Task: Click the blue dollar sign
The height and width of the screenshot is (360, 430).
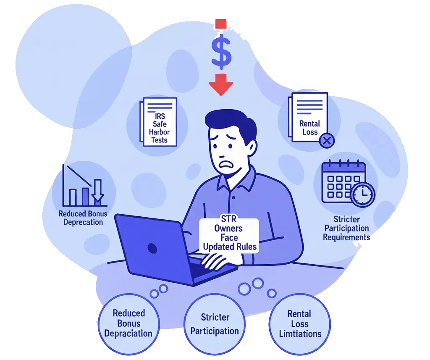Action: pyautogui.click(x=221, y=51)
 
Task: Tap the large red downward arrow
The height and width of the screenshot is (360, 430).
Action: pyautogui.click(x=220, y=84)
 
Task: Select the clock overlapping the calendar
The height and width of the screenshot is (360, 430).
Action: pyautogui.click(x=362, y=194)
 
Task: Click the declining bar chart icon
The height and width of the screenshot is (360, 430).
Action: pyautogui.click(x=83, y=186)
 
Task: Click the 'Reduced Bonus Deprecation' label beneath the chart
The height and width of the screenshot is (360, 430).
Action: pyautogui.click(x=83, y=218)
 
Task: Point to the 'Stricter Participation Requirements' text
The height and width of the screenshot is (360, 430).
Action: pyautogui.click(x=346, y=228)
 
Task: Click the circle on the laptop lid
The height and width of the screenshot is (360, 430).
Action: pyautogui.click(x=152, y=248)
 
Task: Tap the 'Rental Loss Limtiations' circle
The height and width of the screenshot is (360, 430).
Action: pyautogui.click(x=300, y=324)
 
